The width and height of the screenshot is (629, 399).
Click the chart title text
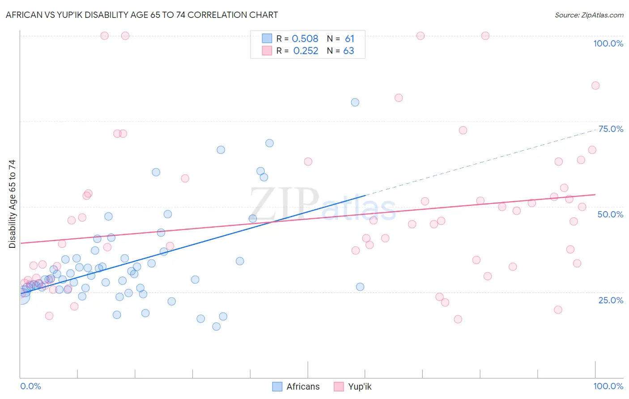tap(142, 15)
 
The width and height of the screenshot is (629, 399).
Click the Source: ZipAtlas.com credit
tap(589, 15)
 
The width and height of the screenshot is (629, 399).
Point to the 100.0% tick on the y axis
tap(608, 43)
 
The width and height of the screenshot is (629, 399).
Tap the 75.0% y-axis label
tap(611, 129)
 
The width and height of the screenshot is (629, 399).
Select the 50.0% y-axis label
tap(610, 214)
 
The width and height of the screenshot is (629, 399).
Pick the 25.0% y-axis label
tap(611, 300)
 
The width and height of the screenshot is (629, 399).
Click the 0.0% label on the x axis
tap(30, 386)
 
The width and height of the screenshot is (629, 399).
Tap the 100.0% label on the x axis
tap(608, 386)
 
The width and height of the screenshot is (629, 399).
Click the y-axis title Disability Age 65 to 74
tap(12, 204)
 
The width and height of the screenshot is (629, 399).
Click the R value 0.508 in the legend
tap(305, 38)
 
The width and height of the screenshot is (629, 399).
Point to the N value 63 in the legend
tap(348, 51)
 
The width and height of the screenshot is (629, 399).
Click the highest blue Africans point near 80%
tap(355, 102)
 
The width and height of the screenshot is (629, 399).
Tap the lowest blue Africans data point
tap(216, 327)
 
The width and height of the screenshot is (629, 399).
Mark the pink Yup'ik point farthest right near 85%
tap(595, 85)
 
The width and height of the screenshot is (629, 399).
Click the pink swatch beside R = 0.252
tap(267, 51)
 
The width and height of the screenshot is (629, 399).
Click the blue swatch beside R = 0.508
tap(267, 38)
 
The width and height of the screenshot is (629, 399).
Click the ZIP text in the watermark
tap(284, 204)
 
